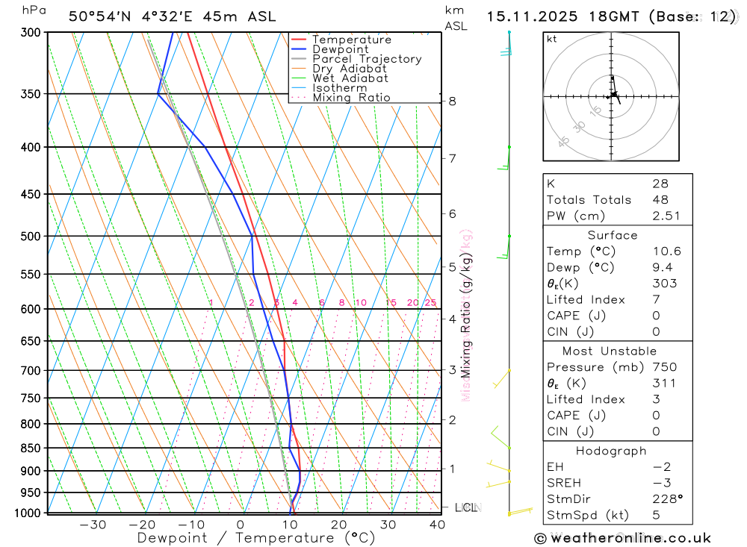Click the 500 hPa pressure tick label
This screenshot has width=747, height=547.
tap(31, 237)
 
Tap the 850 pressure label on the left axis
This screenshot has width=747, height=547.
tap(31, 448)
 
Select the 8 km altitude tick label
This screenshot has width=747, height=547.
tap(452, 101)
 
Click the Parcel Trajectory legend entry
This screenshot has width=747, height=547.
tap(366, 59)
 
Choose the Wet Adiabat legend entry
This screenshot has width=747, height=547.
tap(350, 78)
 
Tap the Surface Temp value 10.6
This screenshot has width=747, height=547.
tap(666, 251)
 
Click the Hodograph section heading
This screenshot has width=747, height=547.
tap(611, 451)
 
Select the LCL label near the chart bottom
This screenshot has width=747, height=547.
tap(465, 508)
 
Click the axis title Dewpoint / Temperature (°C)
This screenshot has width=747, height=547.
tap(256, 538)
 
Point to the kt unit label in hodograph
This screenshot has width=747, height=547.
tap(552, 39)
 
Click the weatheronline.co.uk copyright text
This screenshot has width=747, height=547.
tap(623, 538)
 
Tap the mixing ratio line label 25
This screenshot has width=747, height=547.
tap(430, 302)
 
